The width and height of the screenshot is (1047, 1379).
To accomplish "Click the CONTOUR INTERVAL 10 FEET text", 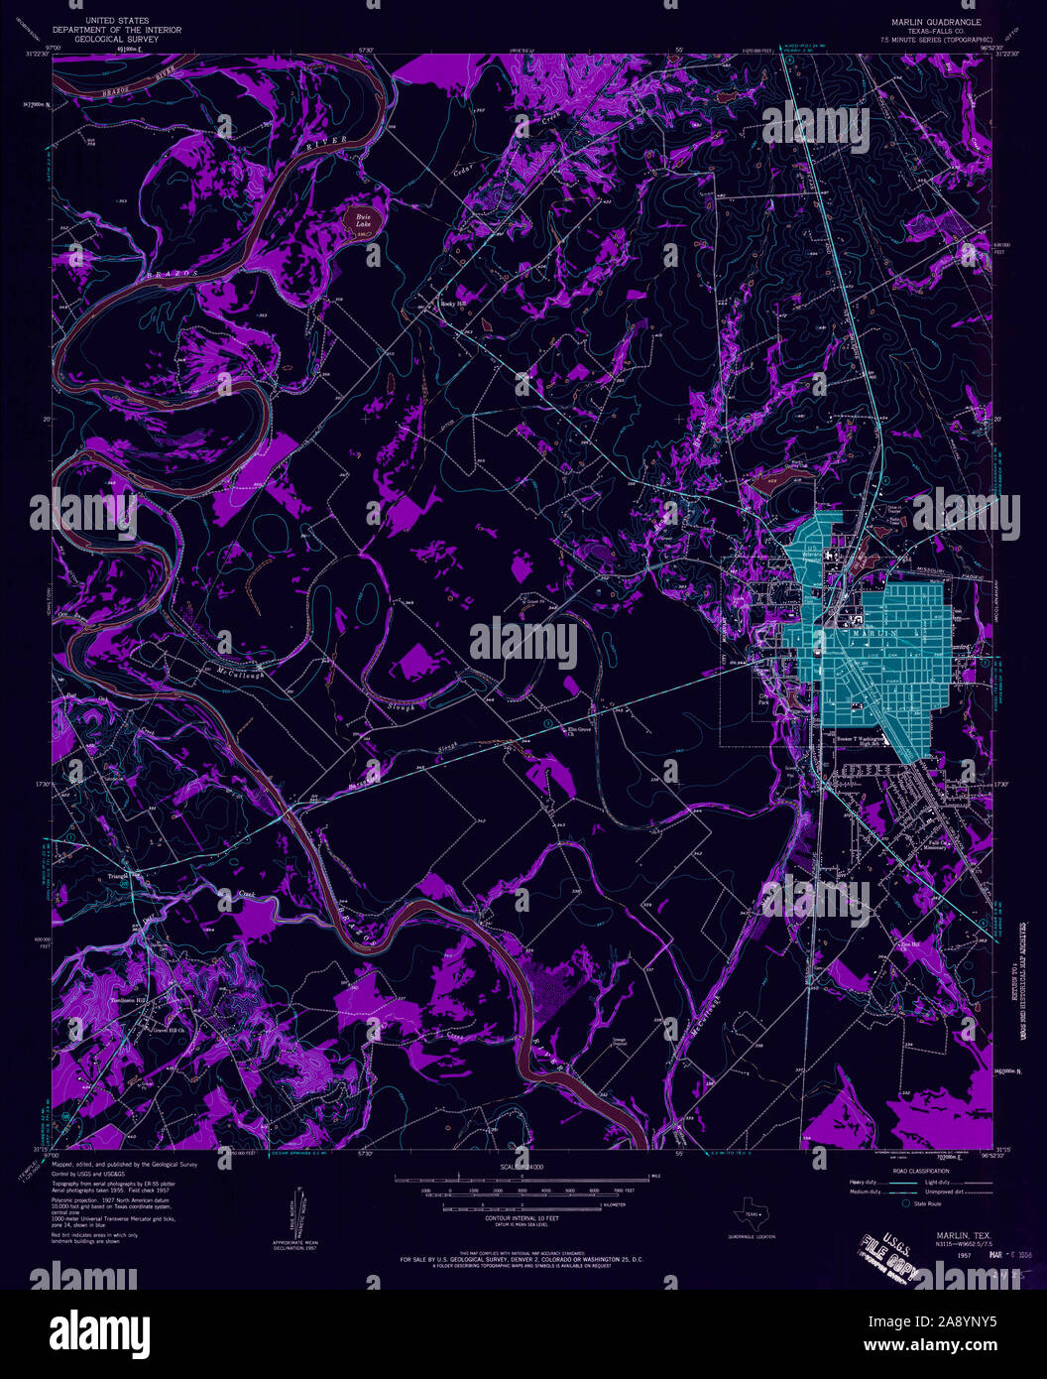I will coord(523,1217).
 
